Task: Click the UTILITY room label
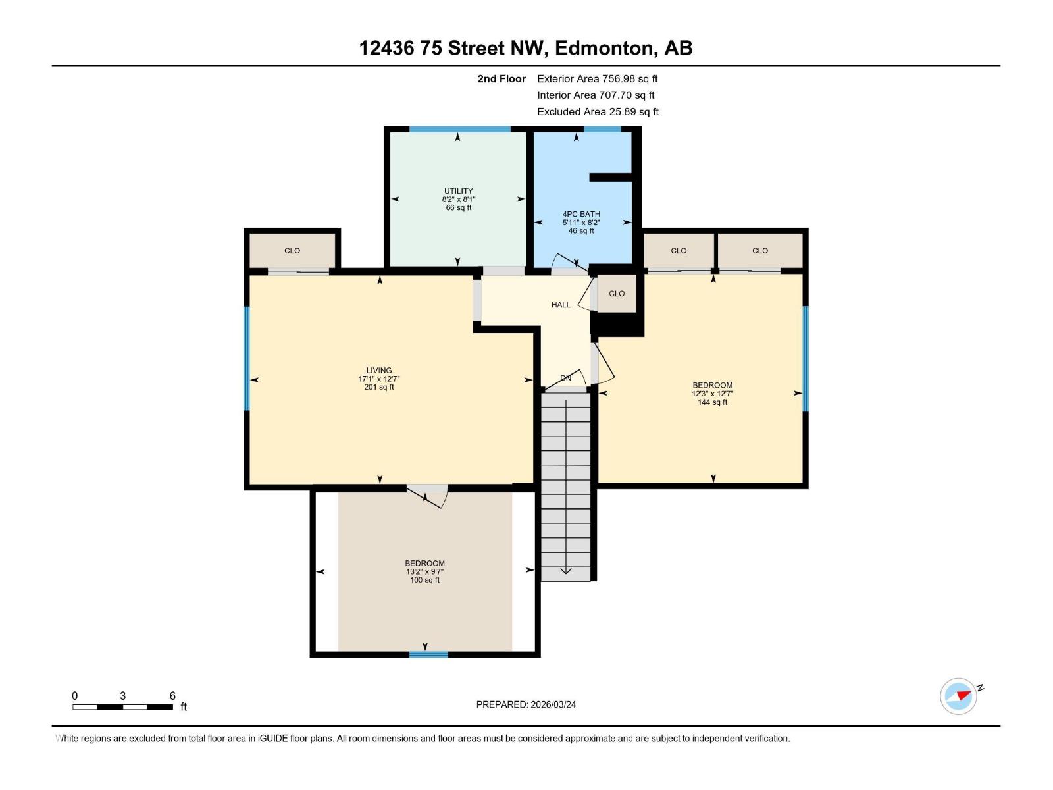[458, 199]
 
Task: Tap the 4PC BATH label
[581, 222]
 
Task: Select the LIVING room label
[379, 379]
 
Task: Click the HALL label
[561, 305]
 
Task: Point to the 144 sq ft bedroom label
[712, 393]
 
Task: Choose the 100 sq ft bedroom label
[424, 571]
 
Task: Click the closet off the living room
[292, 250]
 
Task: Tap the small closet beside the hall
[617, 294]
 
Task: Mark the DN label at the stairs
[565, 378]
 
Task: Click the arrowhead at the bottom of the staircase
[565, 571]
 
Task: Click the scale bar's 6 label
[172, 696]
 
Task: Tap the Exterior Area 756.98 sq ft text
[597, 78]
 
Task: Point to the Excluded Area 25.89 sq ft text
[598, 111]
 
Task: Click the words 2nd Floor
[501, 78]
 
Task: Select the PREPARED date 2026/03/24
[526, 704]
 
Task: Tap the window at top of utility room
[459, 129]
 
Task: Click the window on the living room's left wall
[247, 359]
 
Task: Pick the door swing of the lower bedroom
[432, 498]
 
